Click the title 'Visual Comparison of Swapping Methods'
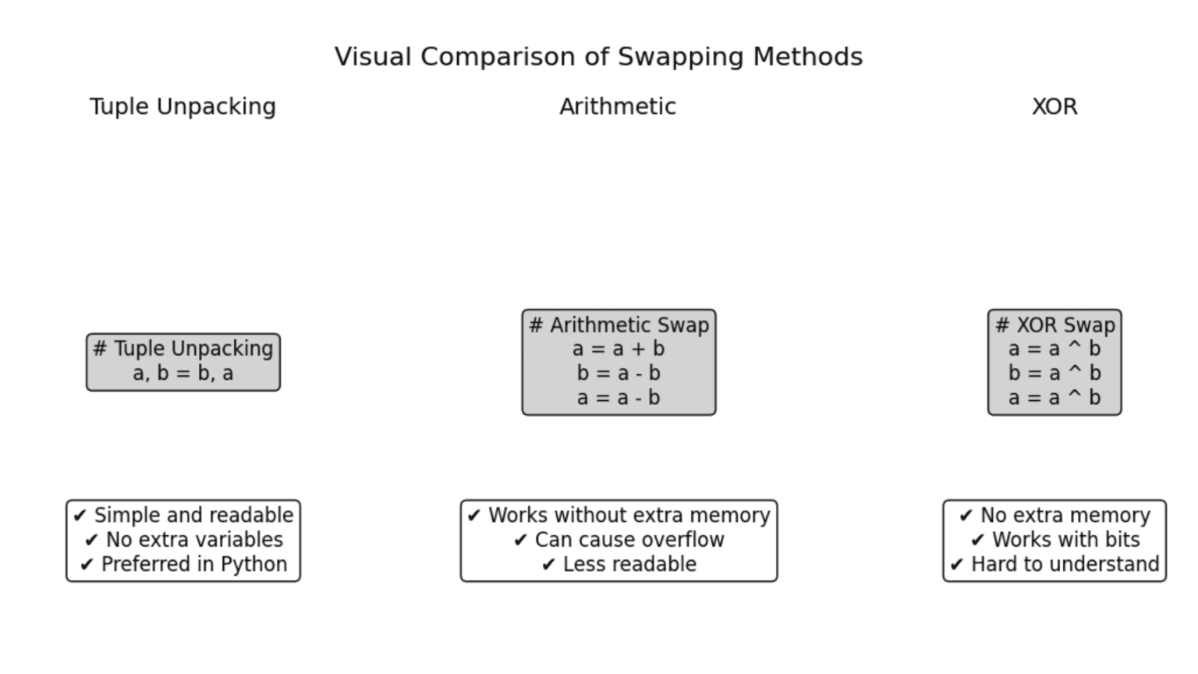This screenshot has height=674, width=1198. tap(598, 57)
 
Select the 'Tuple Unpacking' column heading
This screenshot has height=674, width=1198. tap(183, 107)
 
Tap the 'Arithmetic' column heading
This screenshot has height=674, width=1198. tap(618, 107)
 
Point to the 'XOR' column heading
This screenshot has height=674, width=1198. tap(1054, 107)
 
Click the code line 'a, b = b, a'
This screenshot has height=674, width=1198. tap(183, 374)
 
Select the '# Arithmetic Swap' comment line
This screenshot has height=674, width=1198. tap(618, 325)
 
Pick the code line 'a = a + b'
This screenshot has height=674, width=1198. tap(618, 349)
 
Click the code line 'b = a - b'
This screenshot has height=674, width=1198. tap(618, 374)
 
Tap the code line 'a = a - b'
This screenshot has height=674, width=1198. tap(618, 398)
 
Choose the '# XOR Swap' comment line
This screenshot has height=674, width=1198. tap(1054, 325)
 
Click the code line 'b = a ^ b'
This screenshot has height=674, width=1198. tap(1054, 374)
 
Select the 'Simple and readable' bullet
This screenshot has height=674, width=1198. tap(193, 516)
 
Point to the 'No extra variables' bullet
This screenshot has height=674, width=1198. tap(194, 540)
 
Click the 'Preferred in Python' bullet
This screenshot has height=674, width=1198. tap(194, 564)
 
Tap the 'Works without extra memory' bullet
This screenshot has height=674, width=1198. tap(629, 516)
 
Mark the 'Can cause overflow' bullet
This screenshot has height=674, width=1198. tap(629, 540)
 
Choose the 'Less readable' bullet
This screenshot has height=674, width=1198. tap(629, 564)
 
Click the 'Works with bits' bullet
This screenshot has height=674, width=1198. tap(1065, 540)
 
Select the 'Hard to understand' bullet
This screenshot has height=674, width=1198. tap(1065, 564)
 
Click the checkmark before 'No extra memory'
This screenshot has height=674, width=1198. tap(966, 516)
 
